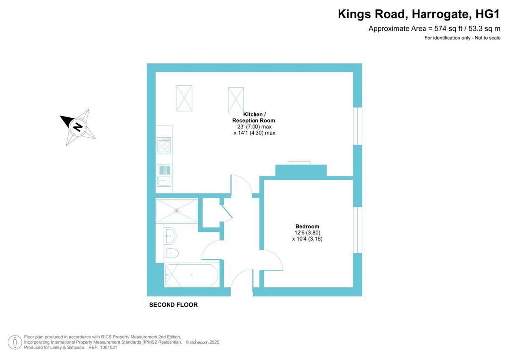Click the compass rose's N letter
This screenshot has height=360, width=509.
click(77, 127)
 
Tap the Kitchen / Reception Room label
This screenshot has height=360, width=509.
click(254, 117)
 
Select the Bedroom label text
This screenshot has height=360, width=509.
click(307, 226)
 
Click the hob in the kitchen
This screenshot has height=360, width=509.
click(164, 145)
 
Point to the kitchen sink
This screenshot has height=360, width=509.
click(164, 176)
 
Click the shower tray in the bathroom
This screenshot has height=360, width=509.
click(176, 211)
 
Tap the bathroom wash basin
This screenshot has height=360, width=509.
click(170, 236)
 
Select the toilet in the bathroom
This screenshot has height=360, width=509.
click(171, 253)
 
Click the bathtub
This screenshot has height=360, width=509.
click(192, 275)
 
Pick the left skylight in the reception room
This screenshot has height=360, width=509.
click(184, 98)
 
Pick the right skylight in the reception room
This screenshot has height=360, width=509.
click(236, 99)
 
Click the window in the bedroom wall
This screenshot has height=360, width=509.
click(358, 230)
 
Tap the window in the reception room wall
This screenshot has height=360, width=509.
click(358, 126)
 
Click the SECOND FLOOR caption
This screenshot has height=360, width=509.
click(173, 305)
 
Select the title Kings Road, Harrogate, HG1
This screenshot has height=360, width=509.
click(419, 14)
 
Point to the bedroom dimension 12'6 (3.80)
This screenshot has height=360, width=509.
click(307, 232)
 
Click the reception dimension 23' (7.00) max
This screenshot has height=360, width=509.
click(254, 127)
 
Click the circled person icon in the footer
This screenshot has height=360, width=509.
click(15, 342)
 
